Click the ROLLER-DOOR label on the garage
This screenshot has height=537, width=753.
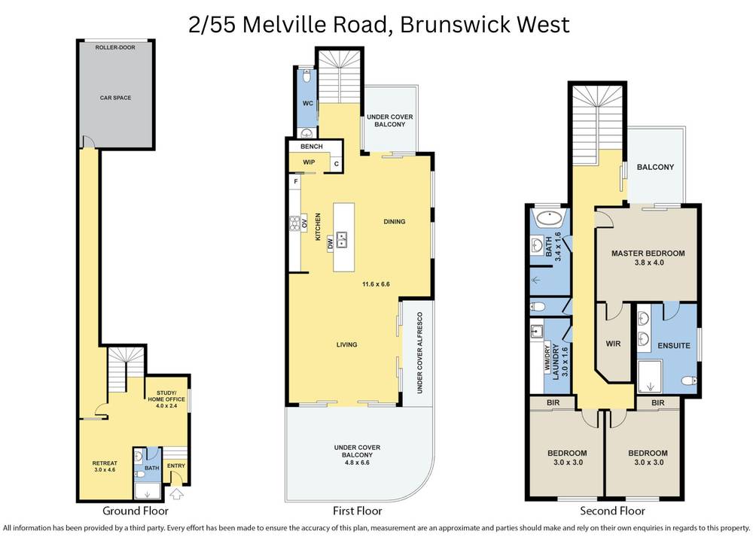pyautogui.click(x=116, y=47)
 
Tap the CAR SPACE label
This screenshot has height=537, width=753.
pyautogui.click(x=116, y=98)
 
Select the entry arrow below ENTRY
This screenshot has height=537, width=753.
pyautogui.click(x=177, y=494)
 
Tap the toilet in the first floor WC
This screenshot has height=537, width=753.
pyautogui.click(x=306, y=77)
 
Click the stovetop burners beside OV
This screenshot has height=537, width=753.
pyautogui.click(x=294, y=223)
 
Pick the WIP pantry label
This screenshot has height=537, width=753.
pyautogui.click(x=309, y=162)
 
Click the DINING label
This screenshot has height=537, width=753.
pyautogui.click(x=394, y=222)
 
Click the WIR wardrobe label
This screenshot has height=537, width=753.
pyautogui.click(x=612, y=345)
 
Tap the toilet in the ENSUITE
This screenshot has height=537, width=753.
pyautogui.click(x=687, y=381)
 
